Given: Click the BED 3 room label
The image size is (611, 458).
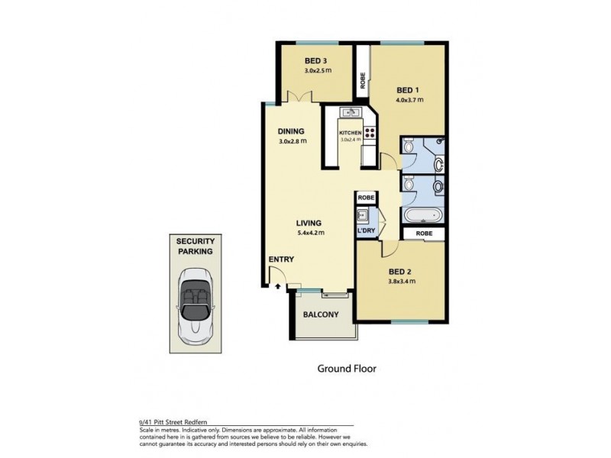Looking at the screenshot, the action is coord(315,61).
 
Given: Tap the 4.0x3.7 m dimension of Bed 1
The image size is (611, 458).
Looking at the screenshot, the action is coord(409,100).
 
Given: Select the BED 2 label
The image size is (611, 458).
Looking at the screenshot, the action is coord(399,272).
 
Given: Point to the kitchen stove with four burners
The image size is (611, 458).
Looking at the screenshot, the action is coord(370,133).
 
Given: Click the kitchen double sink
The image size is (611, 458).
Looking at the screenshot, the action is coord(351,112).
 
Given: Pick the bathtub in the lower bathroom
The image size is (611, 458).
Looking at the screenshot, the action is coord(422,214).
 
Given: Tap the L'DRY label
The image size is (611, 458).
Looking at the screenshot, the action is coord(366,231).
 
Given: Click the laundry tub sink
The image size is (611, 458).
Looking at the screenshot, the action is coord(363,215).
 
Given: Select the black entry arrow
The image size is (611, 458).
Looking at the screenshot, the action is coord(278,286).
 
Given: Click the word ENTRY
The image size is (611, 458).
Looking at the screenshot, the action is coord(281,260).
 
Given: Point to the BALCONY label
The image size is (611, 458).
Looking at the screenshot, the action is coord(321,314).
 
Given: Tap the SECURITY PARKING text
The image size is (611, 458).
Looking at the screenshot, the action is coord(196,246).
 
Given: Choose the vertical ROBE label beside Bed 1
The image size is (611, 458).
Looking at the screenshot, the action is coord(363,81).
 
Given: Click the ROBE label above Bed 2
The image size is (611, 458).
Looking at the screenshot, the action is coord(424,234).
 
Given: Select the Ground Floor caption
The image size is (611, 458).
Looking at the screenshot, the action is coord(347,369).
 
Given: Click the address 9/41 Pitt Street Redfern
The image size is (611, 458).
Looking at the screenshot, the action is coord(173,422).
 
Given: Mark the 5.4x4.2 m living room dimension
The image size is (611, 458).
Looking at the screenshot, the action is coord(310,233).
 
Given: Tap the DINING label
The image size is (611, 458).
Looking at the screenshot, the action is coord(291,131).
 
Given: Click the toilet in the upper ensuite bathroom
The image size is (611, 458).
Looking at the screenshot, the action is coord(409,145).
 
